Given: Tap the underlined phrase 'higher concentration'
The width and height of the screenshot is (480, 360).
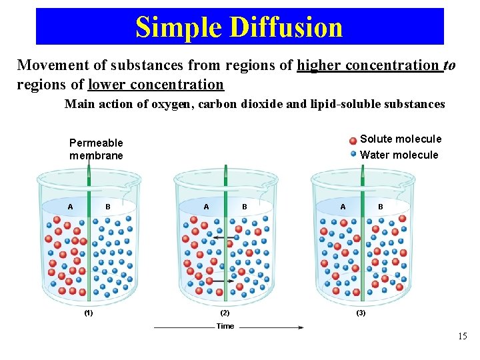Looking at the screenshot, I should click(x=369, y=65).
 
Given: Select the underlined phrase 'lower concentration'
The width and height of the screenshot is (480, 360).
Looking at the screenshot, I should click(x=156, y=85).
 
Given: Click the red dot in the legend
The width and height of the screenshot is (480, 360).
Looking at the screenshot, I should click(x=353, y=141).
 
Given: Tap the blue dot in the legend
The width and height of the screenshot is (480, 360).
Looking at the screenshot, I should click(x=353, y=154).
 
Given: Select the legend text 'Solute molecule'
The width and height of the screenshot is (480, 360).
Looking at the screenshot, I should click(x=400, y=139).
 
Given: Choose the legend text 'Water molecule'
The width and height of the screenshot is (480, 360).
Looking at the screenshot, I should click(x=399, y=155).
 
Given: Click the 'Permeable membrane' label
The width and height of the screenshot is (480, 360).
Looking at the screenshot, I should click(x=96, y=149).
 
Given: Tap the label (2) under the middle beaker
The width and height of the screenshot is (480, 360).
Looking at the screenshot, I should click(x=224, y=312).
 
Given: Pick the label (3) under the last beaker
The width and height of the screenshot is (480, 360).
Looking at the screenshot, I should click(x=361, y=312).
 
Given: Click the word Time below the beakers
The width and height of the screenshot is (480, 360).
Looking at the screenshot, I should click(x=225, y=326).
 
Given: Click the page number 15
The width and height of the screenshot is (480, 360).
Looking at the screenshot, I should click(x=463, y=337).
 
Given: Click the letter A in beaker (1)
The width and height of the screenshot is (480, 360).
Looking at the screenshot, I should click(x=70, y=207).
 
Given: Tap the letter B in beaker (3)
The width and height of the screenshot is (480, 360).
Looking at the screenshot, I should click(x=381, y=207).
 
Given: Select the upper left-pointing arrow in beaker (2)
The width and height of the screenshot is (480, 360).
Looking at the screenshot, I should click(x=233, y=237).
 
